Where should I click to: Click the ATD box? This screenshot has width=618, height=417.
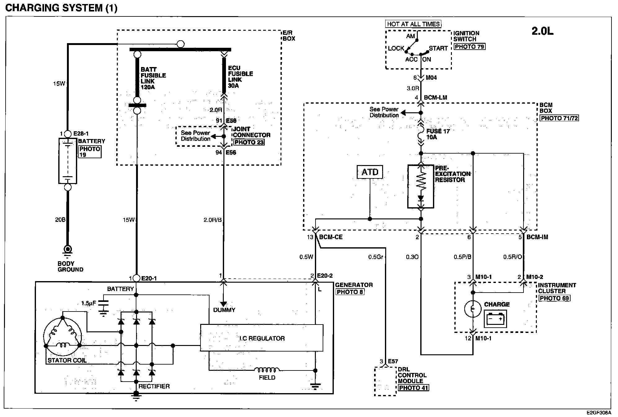pos(370,172)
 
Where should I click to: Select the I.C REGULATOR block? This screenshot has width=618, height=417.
pos(262,338)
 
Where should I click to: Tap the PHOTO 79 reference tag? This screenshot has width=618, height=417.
pos(470,47)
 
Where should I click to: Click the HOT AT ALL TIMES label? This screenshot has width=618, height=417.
pos(413,24)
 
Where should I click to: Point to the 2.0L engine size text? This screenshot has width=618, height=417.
pos(542,31)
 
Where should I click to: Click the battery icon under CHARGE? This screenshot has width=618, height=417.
pos(495,319)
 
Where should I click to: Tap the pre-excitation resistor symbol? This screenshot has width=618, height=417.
pos(421,186)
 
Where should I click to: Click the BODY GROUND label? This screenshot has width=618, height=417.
pos(70,267)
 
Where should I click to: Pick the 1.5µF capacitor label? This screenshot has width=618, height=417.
pos(89,303)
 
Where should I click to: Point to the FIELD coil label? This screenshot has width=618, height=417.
pos(267,378)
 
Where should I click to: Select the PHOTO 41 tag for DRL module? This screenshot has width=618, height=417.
pos(413,388)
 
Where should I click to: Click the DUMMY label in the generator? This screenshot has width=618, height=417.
pos(224,310)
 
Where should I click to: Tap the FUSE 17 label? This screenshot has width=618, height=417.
pos(438,131)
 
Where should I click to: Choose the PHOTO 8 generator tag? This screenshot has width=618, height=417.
pos(350,292)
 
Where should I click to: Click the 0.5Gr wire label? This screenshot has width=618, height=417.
pos(376,257)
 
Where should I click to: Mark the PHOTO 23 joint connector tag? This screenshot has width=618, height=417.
pos(249,142)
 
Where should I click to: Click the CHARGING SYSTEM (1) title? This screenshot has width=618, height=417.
pos(61,8)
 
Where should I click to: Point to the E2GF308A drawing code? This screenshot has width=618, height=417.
pos(598,413)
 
